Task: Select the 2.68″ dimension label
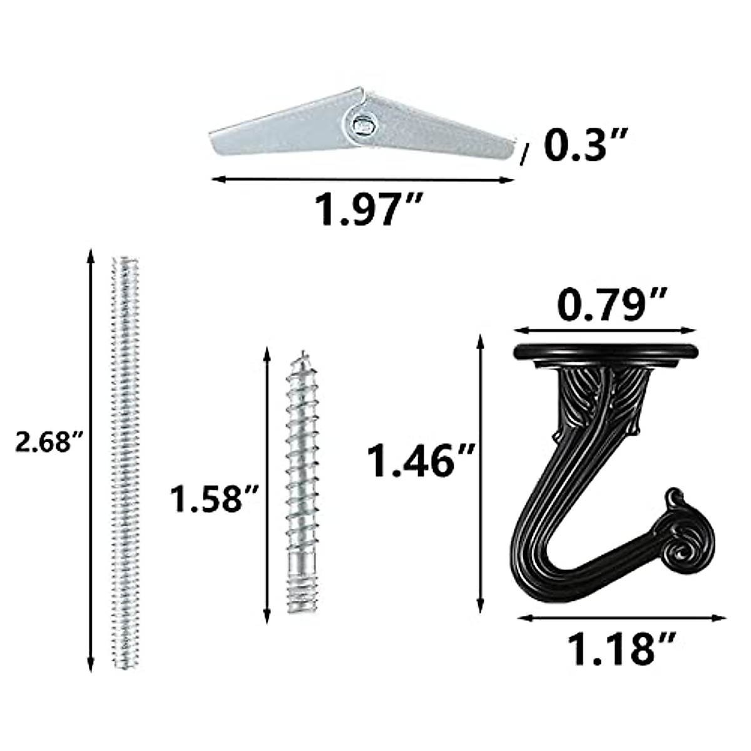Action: pos(49,443)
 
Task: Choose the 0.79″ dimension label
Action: pos(605,306)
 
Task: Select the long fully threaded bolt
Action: pos(125,463)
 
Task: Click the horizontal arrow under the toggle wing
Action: pos(363,180)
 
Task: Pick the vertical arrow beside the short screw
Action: pos(267,482)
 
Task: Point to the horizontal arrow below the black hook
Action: pos(622,618)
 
